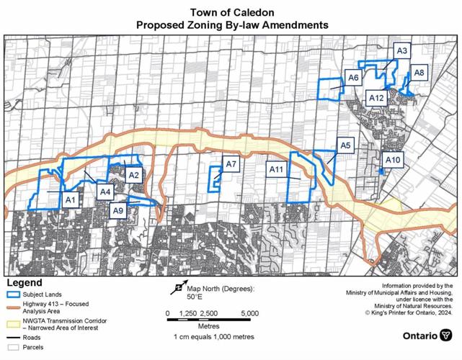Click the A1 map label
(71, 199)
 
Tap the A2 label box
(133, 174)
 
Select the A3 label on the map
(402, 51)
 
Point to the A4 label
(105, 192)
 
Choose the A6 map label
(353, 78)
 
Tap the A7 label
(231, 165)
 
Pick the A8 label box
(419, 73)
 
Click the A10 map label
(394, 160)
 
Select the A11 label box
(275, 170)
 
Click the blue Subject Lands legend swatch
(12, 294)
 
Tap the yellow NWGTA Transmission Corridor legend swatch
(12, 321)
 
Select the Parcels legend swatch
(12, 347)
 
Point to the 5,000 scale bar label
(249, 314)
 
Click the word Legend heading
(25, 282)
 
